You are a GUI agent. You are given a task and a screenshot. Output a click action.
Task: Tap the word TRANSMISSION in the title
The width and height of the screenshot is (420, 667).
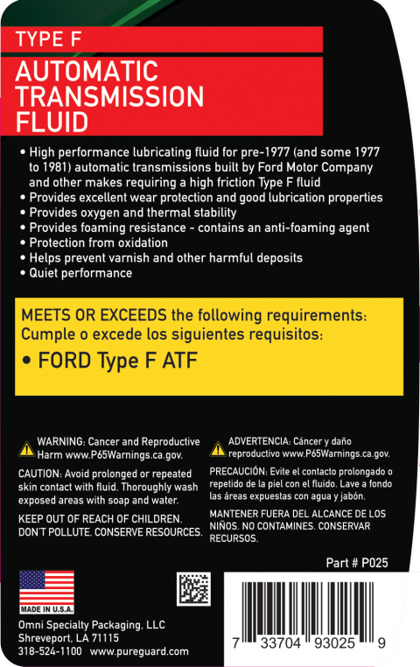(x=110, y=96)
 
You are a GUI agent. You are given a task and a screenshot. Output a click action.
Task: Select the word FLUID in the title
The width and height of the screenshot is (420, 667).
(x=52, y=122)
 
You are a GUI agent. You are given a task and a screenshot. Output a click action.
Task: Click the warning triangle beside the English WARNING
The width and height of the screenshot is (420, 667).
(x=25, y=449)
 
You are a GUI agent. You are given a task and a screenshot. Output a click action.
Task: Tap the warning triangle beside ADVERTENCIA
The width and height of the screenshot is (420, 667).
(x=217, y=449)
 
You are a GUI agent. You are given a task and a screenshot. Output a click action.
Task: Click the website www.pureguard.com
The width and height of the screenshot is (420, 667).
(x=139, y=651)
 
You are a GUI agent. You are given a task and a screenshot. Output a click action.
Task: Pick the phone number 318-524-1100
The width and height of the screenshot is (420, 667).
(x=50, y=651)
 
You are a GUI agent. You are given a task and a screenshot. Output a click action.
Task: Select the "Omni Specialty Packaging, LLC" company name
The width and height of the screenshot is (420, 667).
(x=92, y=625)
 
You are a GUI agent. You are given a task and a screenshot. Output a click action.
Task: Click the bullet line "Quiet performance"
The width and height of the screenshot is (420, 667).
(x=80, y=273)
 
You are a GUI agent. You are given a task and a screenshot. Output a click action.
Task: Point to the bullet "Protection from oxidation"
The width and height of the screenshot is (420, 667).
(x=98, y=242)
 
